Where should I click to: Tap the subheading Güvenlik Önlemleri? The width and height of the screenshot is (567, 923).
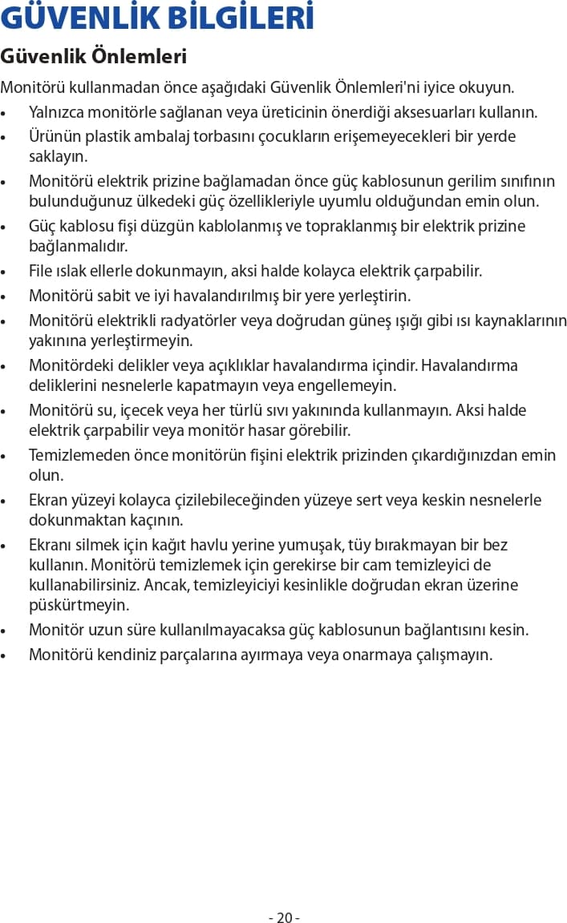[94, 57]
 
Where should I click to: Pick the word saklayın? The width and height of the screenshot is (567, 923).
[59, 155]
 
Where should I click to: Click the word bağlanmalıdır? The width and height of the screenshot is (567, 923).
[78, 245]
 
